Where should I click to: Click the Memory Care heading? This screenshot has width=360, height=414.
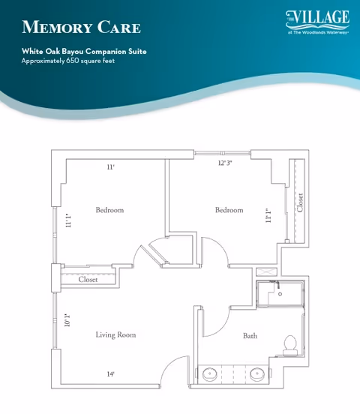click(81, 27)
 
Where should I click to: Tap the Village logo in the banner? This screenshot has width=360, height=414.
click(317, 22)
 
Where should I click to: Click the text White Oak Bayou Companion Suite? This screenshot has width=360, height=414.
click(84, 51)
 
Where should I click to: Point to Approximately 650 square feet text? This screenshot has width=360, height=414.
click(68, 61)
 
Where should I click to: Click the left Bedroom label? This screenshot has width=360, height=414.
click(109, 210)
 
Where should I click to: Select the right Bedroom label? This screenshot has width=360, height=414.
click(229, 210)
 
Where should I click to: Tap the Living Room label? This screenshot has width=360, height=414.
click(115, 334)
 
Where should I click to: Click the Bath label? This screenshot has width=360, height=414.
click(250, 336)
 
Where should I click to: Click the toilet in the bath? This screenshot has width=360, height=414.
click(290, 345)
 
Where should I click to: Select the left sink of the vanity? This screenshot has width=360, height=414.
click(210, 374)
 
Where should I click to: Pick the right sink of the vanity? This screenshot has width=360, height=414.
click(257, 374)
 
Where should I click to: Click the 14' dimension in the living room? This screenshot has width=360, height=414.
click(111, 374)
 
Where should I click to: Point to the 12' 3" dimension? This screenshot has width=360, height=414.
click(225, 163)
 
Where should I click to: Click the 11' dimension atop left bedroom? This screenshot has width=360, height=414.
click(111, 167)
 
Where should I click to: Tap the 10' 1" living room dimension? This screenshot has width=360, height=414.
click(67, 320)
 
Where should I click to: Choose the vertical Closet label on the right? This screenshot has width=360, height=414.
click(300, 202)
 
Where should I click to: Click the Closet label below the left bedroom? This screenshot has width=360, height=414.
click(88, 279)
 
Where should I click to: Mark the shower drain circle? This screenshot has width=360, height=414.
click(280, 293)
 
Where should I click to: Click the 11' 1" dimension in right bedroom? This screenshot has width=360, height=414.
click(268, 216)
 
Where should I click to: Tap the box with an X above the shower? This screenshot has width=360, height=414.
click(266, 272)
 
